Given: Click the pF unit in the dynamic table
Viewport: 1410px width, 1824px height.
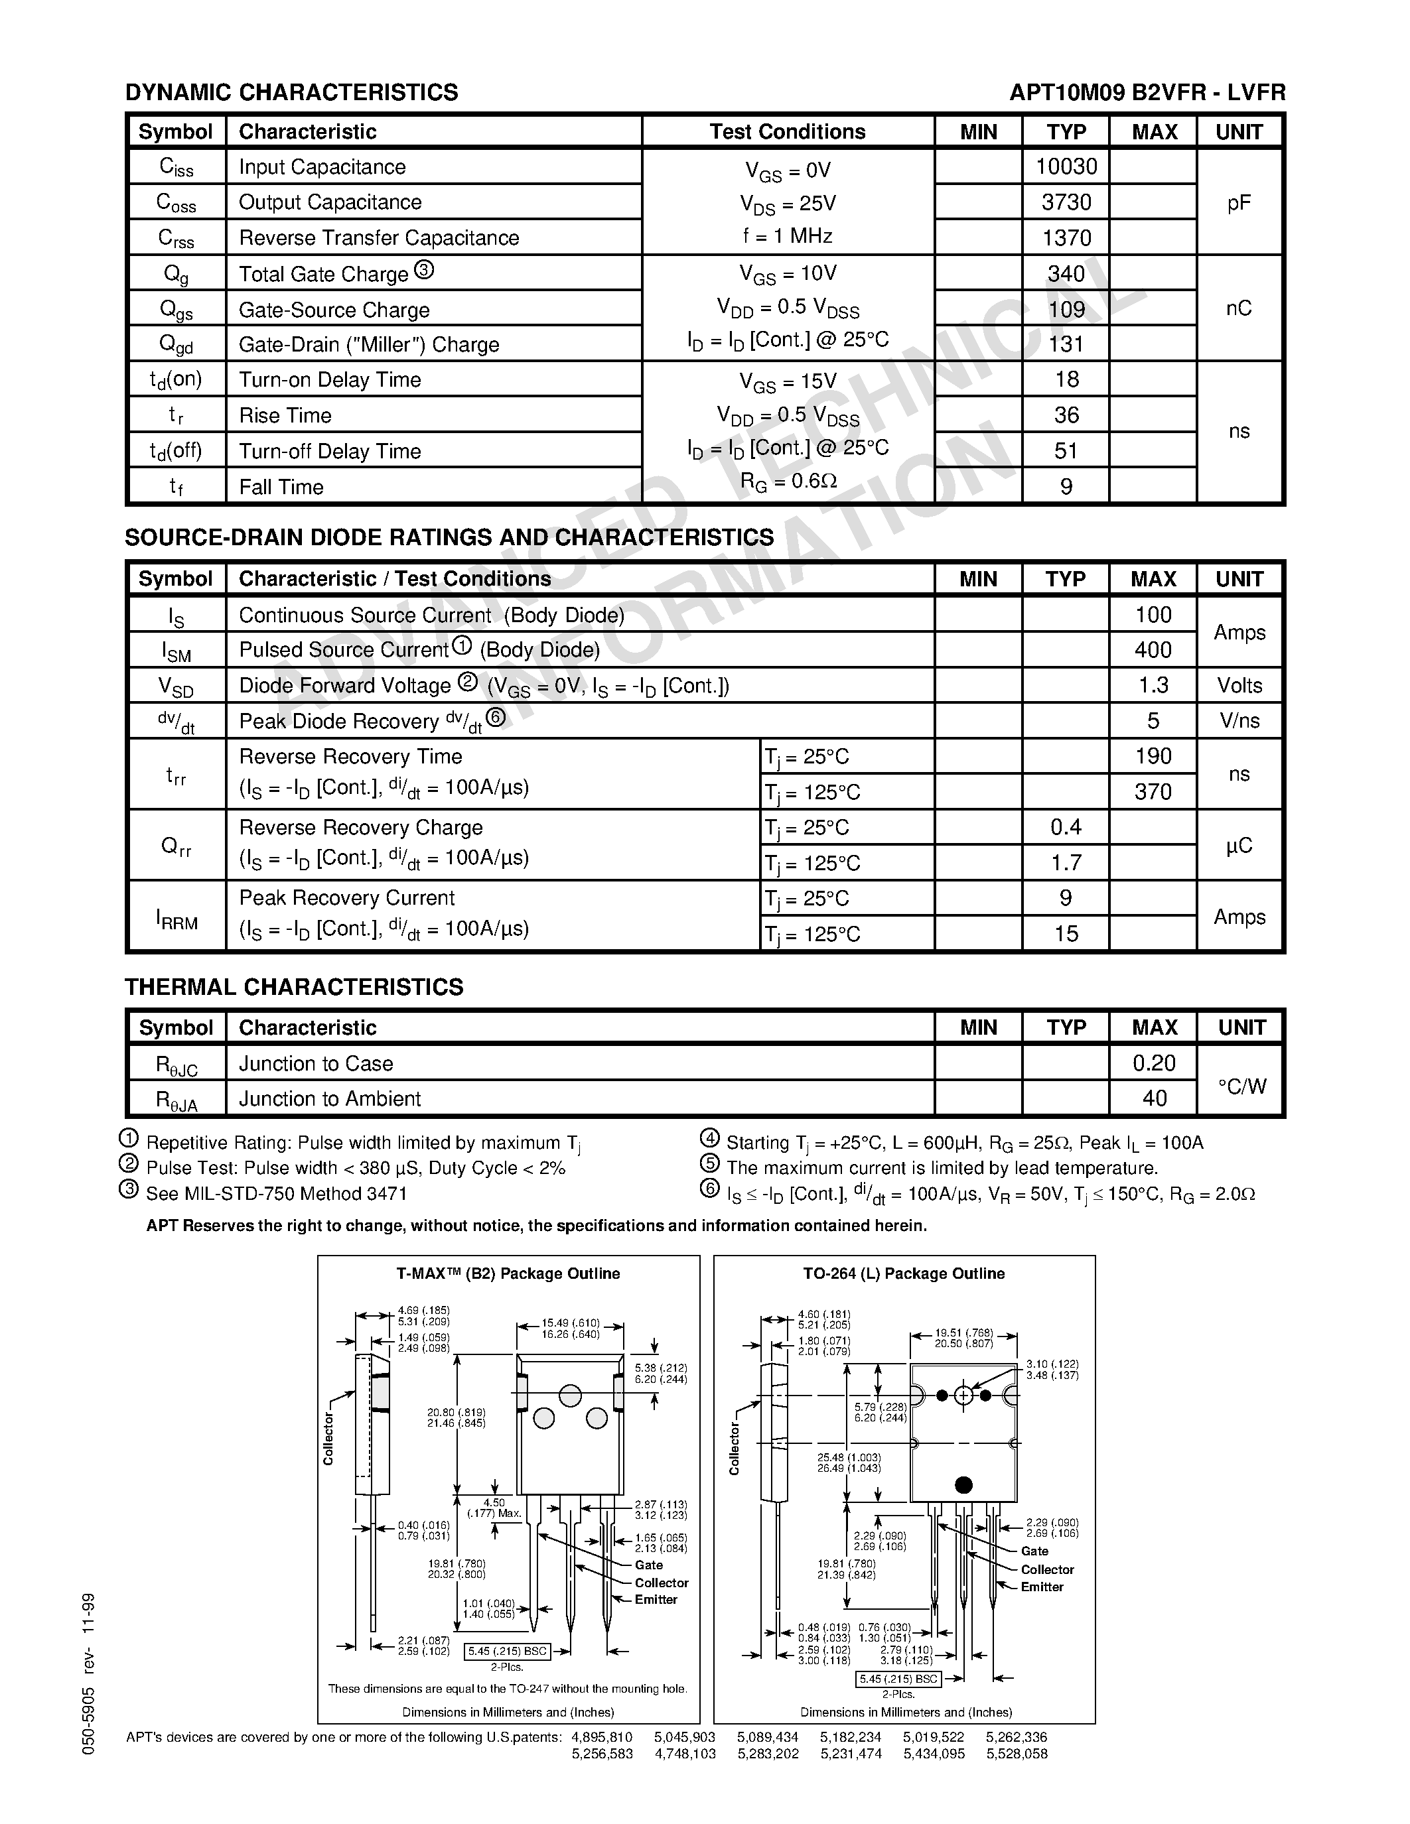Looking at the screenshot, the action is click(x=1239, y=202).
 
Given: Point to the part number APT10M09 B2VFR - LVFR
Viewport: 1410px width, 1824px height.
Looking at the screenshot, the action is click(x=1147, y=92).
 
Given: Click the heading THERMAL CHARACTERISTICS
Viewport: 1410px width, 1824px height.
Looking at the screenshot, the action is click(x=294, y=986).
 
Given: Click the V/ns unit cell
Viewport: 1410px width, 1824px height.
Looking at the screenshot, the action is click(x=1239, y=721).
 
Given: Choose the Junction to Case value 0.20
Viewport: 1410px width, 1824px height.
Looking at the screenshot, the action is click(x=1154, y=1063).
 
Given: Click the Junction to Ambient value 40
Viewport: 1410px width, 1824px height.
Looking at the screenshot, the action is click(x=1154, y=1098).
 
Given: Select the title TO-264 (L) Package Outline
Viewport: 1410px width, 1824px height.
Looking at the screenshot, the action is click(x=904, y=1273).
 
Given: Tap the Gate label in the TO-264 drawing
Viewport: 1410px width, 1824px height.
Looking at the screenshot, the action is click(x=1034, y=1551).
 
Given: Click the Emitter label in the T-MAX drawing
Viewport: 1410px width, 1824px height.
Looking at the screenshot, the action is click(x=656, y=1599).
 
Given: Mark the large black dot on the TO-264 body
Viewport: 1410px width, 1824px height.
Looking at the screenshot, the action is click(x=963, y=1484).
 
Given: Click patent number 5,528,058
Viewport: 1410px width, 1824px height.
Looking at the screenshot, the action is click(x=1017, y=1754).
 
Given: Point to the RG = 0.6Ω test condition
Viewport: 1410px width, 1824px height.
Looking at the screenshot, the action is click(x=788, y=482).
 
